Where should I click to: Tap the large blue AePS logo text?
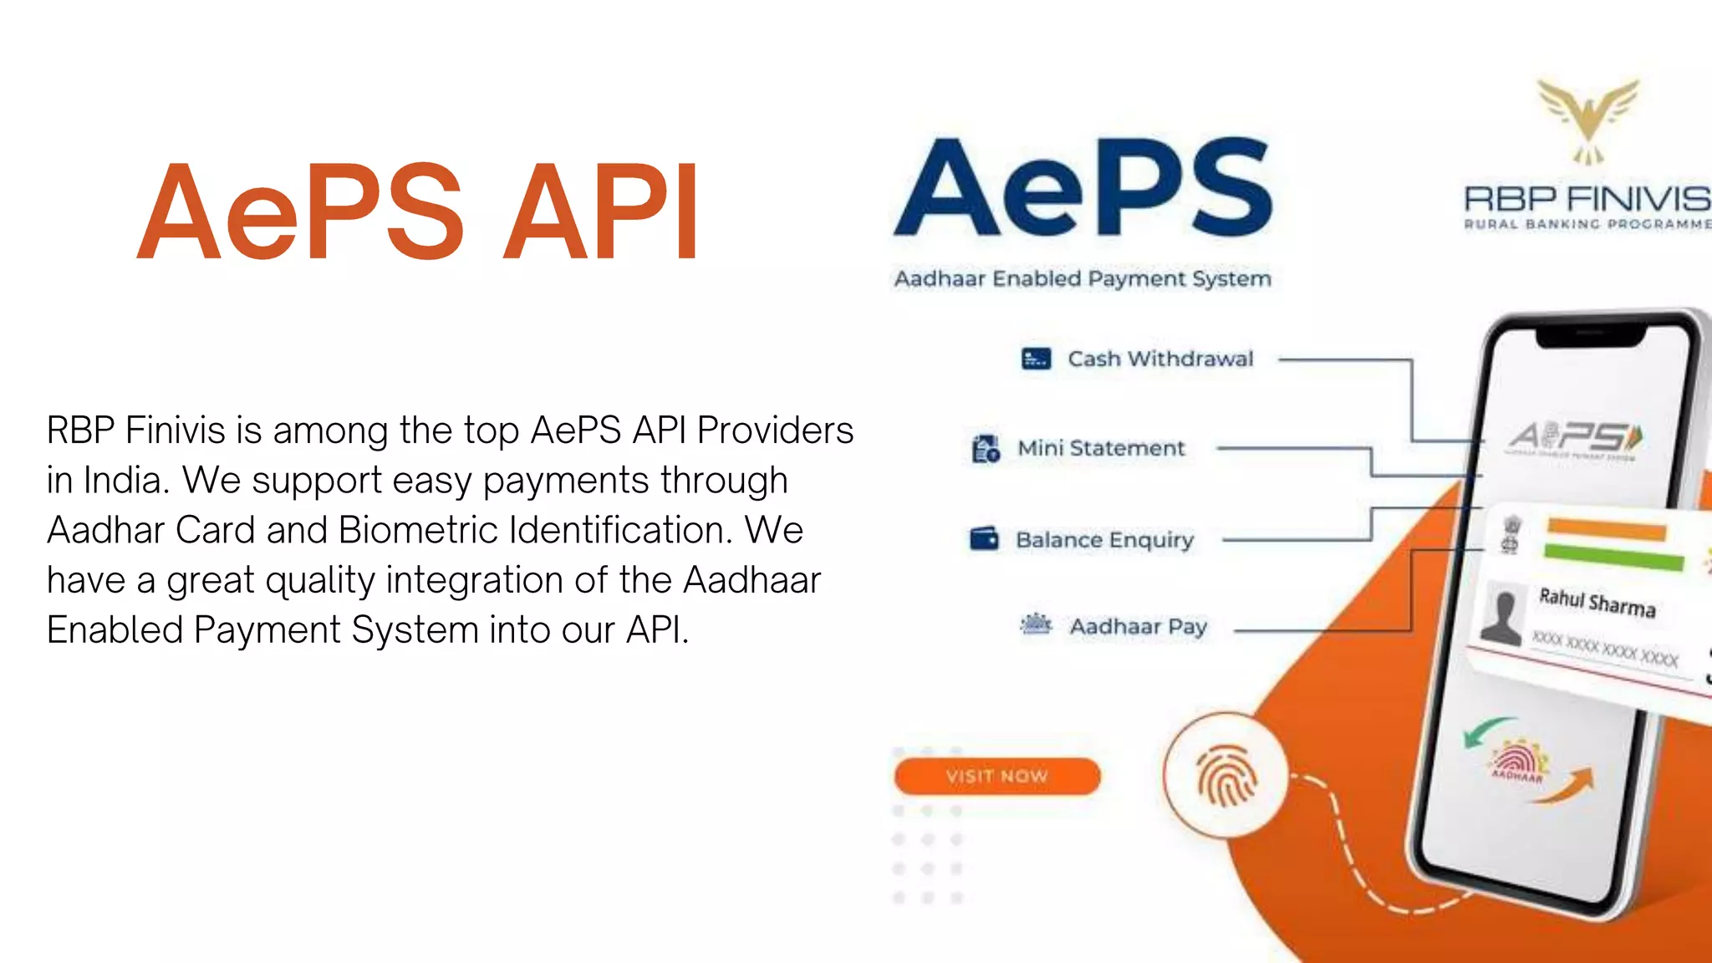pyautogui.click(x=1083, y=188)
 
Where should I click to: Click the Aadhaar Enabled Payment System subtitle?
pyautogui.click(x=1083, y=278)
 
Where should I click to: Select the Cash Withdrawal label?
pyautogui.click(x=1160, y=359)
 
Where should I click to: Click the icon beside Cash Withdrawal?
pyautogui.click(x=1036, y=359)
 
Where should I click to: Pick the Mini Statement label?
pyautogui.click(x=1101, y=448)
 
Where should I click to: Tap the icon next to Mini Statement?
pyautogui.click(x=986, y=449)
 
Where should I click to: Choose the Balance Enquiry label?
pyautogui.click(x=1104, y=540)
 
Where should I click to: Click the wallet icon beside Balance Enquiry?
pyautogui.click(x=984, y=538)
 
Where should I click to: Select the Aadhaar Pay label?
pyautogui.click(x=1138, y=627)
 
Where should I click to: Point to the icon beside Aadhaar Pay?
pyautogui.click(x=1036, y=624)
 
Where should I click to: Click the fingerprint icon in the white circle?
pyautogui.click(x=1225, y=775)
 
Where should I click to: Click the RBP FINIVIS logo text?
pyautogui.click(x=1587, y=199)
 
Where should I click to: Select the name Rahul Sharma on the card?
pyautogui.click(x=1597, y=602)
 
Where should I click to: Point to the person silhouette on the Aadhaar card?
pyautogui.click(x=1502, y=616)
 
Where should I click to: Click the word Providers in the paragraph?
pyautogui.click(x=775, y=431)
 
